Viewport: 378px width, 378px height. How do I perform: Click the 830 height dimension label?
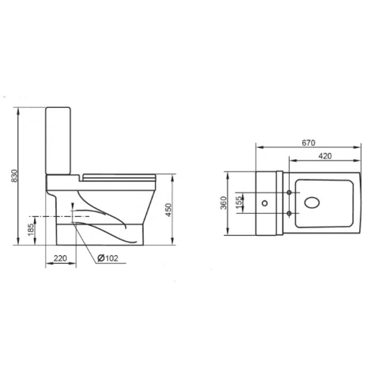[x=15, y=175]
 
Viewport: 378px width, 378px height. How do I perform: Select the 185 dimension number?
[x=31, y=230]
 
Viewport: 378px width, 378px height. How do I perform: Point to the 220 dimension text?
[x=60, y=258]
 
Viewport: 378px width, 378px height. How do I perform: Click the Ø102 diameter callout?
[x=108, y=258]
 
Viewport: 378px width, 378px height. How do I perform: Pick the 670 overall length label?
[x=309, y=143]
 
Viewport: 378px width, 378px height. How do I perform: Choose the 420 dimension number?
[x=325, y=156]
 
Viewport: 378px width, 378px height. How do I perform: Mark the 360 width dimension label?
[x=223, y=203]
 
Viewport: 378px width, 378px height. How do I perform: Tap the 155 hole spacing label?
[x=239, y=201]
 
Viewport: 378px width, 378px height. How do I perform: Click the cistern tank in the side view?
[x=58, y=141]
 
